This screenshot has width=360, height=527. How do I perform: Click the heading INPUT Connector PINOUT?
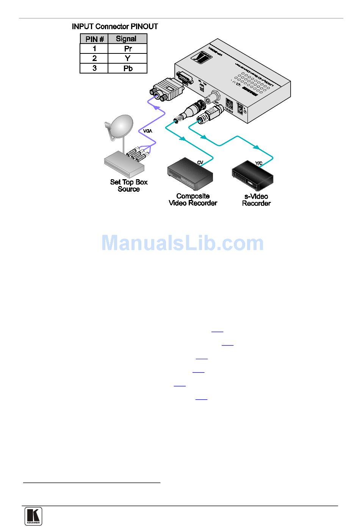click(x=115, y=27)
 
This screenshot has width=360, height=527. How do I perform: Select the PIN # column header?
click(x=94, y=39)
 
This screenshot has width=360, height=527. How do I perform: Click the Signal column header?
click(x=127, y=39)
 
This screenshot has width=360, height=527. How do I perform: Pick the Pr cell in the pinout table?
click(x=127, y=48)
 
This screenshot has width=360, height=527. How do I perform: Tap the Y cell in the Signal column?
click(x=127, y=58)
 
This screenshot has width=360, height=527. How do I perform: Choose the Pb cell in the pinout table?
click(x=127, y=68)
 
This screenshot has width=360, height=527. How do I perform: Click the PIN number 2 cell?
click(x=94, y=58)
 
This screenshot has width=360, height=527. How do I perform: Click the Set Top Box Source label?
click(x=129, y=186)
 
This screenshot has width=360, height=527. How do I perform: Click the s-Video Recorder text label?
click(x=256, y=200)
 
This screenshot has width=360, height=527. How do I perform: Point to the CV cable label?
click(x=200, y=162)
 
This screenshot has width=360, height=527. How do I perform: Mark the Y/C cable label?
click(x=259, y=163)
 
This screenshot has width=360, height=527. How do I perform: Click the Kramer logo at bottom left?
click(x=33, y=516)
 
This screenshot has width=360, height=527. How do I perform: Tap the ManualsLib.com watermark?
click(x=182, y=243)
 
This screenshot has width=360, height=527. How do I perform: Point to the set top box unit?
click(x=124, y=163)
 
